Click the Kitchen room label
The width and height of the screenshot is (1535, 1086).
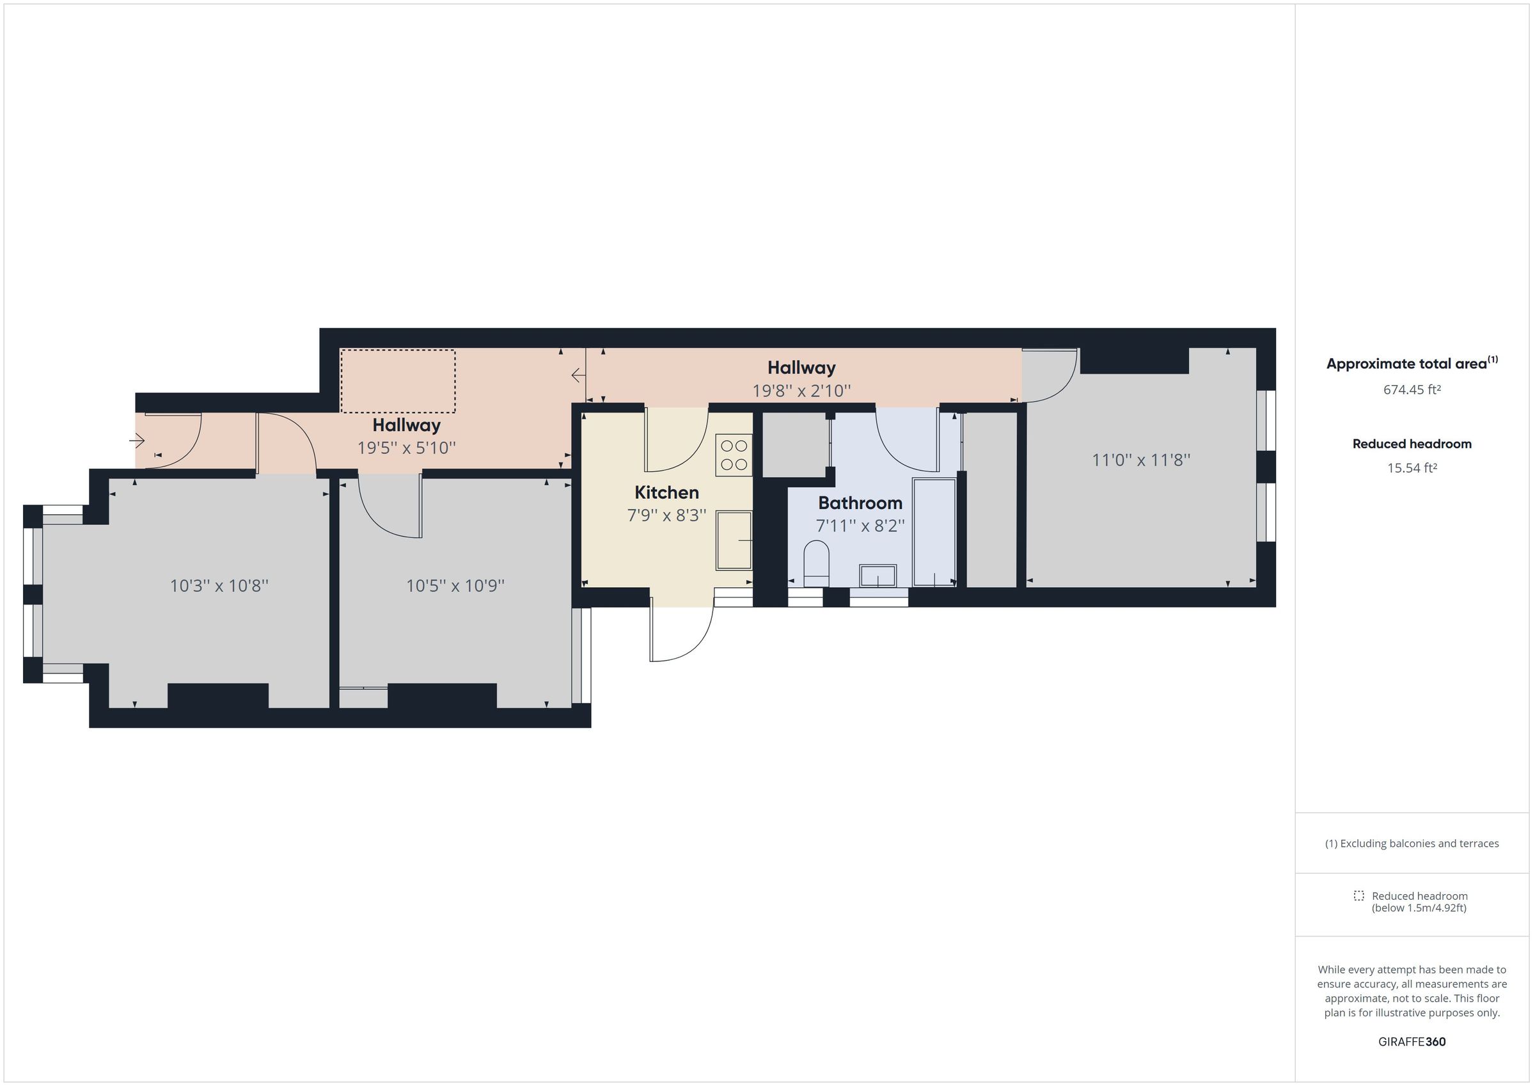pos(666,493)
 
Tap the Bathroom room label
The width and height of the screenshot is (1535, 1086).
pos(860,503)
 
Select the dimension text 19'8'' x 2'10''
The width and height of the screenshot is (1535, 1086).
pos(801,391)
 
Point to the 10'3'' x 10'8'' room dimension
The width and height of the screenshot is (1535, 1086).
pos(219,586)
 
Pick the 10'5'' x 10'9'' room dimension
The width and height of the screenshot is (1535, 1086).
pos(455,586)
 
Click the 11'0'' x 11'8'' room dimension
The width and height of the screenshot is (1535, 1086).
pos(1140,460)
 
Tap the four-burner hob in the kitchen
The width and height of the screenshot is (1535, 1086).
pos(734,455)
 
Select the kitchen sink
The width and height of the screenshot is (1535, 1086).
pos(734,540)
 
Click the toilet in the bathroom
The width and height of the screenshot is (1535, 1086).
pos(815,563)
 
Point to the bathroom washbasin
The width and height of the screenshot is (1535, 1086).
pos(877,575)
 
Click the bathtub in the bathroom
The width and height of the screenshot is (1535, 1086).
pos(934,532)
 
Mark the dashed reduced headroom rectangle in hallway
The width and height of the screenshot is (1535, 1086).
pos(398,381)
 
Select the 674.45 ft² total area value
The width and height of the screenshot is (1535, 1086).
pos(1412,390)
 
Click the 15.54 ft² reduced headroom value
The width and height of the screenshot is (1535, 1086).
pos(1412,468)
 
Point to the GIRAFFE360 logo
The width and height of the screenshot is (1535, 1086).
pos(1412,1042)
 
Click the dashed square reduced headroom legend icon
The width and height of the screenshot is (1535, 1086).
pos(1358,895)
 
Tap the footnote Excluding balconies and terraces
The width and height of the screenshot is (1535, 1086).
pos(1412,843)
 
